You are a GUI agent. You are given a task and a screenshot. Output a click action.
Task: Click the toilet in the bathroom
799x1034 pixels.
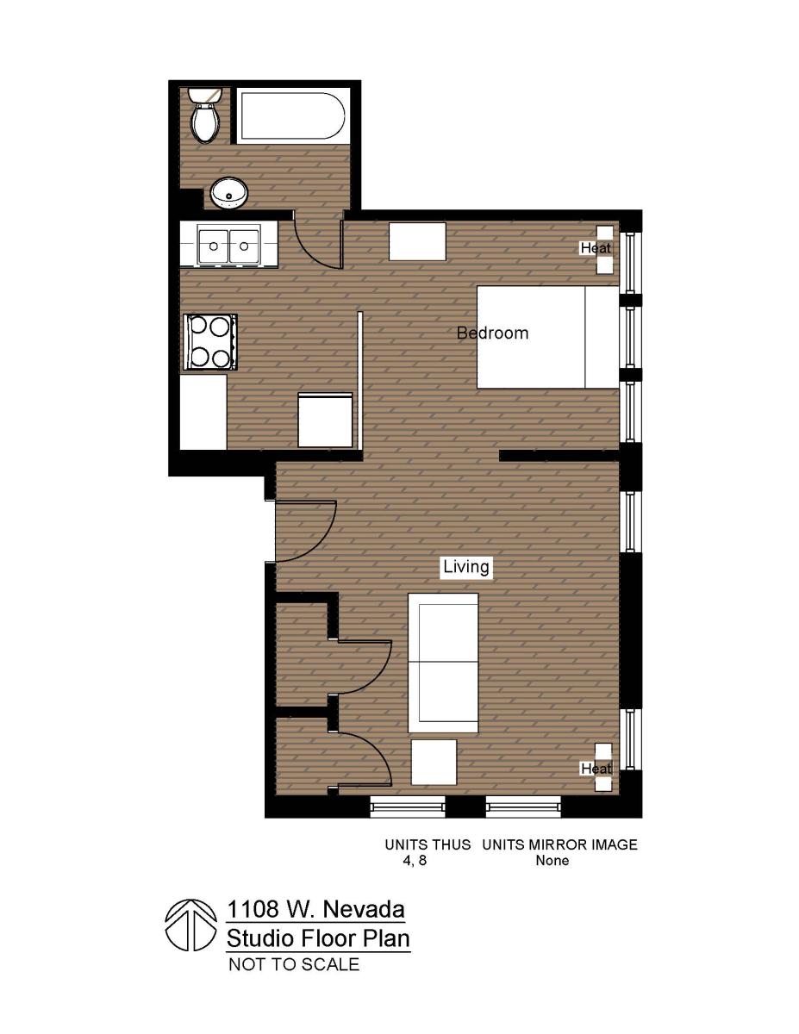pos(205,119)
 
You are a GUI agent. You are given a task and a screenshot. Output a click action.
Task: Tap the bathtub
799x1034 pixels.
pos(291,117)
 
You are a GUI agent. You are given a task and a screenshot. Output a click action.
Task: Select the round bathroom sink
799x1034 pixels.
pos(229,193)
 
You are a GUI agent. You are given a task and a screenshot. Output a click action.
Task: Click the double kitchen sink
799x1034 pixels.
pos(228,246)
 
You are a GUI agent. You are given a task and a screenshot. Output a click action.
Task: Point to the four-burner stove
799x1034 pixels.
pos(210,342)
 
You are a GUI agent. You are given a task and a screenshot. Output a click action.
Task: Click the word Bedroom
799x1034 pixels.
pos(492,333)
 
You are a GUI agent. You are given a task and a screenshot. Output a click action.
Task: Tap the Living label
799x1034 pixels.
pos(466,566)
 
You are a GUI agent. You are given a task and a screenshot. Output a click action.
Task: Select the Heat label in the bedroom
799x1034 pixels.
pos(596,248)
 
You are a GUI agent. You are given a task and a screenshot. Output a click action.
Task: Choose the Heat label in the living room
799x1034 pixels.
pos(596,768)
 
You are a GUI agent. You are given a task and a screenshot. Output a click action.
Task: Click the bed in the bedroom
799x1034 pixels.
pos(547,337)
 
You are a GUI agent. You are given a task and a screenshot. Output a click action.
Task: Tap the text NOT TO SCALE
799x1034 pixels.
pos(293,965)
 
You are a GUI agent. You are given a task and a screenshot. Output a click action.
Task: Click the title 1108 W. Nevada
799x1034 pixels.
pos(315,909)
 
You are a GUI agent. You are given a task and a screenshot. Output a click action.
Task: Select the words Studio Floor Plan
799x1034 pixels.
pos(318,937)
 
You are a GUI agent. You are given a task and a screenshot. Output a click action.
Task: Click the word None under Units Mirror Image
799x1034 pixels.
pos(552,861)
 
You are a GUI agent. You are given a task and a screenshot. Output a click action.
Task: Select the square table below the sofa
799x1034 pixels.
pos(434,762)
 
